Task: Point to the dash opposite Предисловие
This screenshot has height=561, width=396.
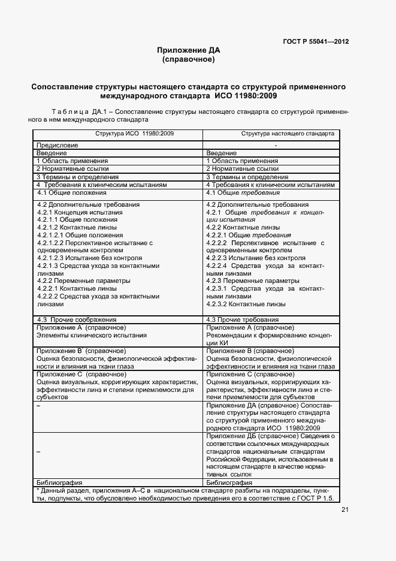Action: click(x=276, y=146)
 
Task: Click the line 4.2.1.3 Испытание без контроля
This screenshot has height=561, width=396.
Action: click(x=80, y=258)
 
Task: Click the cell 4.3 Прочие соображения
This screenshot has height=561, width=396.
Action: click(x=76, y=320)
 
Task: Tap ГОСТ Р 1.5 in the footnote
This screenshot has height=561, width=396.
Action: click(x=319, y=498)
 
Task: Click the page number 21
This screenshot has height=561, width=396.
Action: click(x=345, y=510)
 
